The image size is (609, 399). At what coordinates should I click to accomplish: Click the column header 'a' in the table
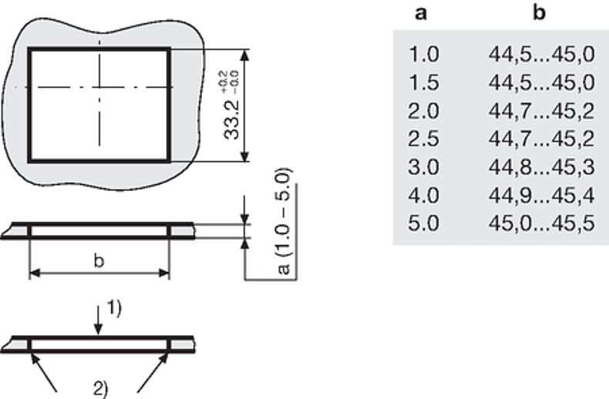[x=421, y=14]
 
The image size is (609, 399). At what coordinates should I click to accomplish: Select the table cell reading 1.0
[x=424, y=54]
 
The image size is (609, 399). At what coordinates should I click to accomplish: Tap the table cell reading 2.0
[x=424, y=111]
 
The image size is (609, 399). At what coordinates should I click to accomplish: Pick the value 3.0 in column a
[x=424, y=167]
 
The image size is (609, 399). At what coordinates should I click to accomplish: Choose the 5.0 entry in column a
[x=424, y=223]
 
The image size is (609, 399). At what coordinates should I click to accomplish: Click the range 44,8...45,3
[x=542, y=167]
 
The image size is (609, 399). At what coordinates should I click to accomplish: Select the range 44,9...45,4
[x=542, y=196]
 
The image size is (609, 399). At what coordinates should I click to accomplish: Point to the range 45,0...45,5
[x=542, y=223]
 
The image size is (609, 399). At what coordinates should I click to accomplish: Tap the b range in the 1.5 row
[x=542, y=82]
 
